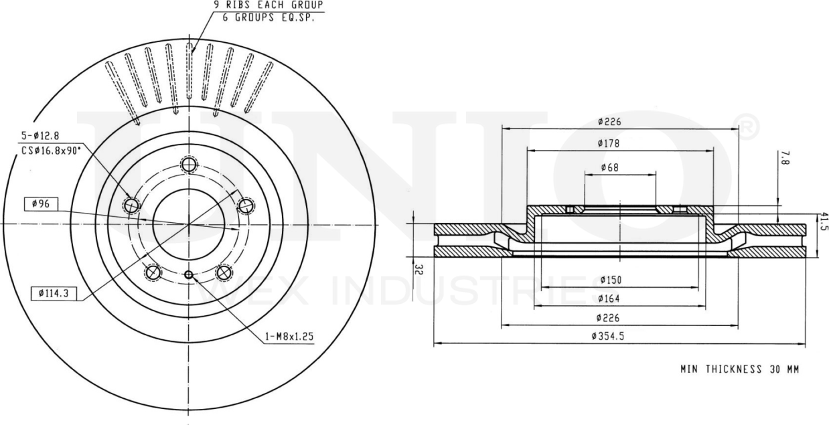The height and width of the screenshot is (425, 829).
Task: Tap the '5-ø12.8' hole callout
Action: [x=38, y=139]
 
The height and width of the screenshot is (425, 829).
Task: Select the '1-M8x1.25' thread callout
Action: [x=287, y=337]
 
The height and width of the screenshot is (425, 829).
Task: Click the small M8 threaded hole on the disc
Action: [x=188, y=274]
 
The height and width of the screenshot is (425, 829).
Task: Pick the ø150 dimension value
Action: [x=610, y=280]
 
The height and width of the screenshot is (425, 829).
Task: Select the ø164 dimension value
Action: [x=610, y=299]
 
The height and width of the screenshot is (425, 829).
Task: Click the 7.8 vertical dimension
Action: [x=785, y=158]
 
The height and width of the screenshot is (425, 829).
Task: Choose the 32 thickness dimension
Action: [x=419, y=270]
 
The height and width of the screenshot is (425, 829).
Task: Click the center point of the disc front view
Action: [x=189, y=224]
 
